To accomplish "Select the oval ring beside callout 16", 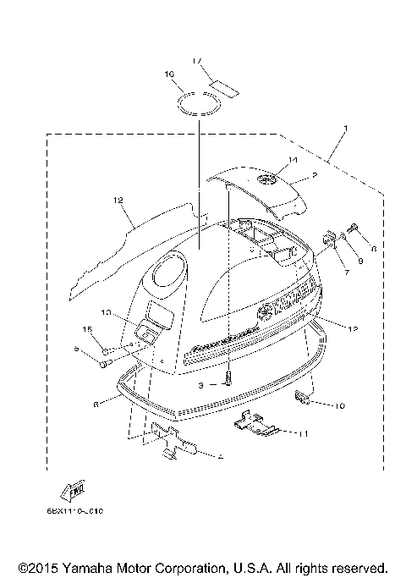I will click(200, 104).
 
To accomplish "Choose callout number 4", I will click(220, 457).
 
